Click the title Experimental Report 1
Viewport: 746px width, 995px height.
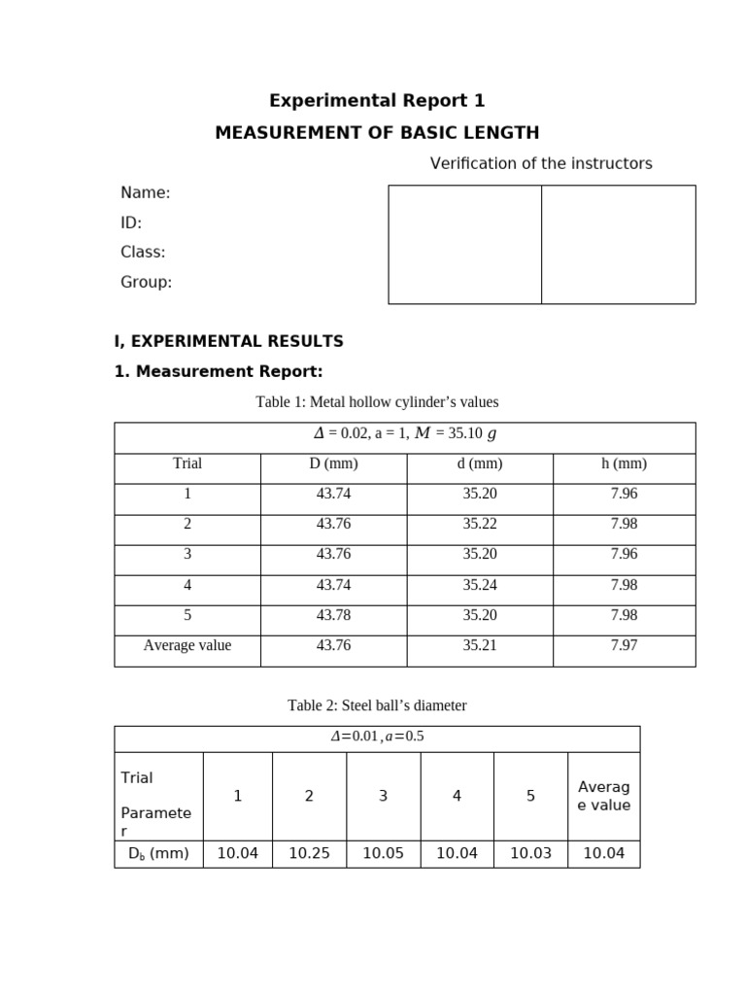pyautogui.click(x=376, y=101)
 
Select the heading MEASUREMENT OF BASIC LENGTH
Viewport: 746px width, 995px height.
pyautogui.click(x=377, y=133)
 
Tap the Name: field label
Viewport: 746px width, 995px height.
pyautogui.click(x=146, y=193)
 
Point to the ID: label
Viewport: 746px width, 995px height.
pyautogui.click(x=131, y=223)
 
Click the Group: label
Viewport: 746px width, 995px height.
pyautogui.click(x=146, y=282)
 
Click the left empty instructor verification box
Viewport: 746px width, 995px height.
pyautogui.click(x=464, y=244)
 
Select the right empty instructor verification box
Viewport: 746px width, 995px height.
pyautogui.click(x=619, y=244)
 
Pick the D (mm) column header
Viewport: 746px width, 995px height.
pyautogui.click(x=333, y=463)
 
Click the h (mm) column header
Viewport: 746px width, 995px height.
pyautogui.click(x=624, y=463)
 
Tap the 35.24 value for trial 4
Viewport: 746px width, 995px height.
pyautogui.click(x=479, y=585)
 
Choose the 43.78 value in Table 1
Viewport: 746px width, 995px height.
pyautogui.click(x=333, y=615)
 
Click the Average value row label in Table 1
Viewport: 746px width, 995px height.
pyautogui.click(x=187, y=645)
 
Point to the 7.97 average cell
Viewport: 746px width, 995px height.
pyautogui.click(x=624, y=645)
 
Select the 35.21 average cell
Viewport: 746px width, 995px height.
pyautogui.click(x=479, y=645)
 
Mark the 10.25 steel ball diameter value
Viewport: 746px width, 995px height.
pyautogui.click(x=309, y=854)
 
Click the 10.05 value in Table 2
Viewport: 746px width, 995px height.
pyautogui.click(x=383, y=854)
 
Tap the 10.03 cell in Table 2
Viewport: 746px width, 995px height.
pyautogui.click(x=530, y=854)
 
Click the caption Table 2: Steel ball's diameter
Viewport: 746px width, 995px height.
pyautogui.click(x=377, y=705)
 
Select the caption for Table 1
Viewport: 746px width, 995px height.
pyautogui.click(x=377, y=402)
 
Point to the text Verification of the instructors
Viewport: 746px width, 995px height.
pyautogui.click(x=541, y=163)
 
